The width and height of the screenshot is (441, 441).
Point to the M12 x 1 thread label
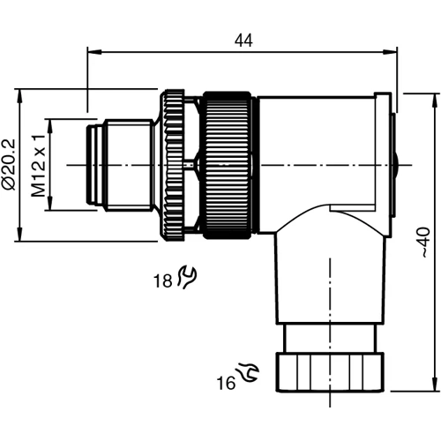38,165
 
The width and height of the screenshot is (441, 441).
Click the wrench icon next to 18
186,278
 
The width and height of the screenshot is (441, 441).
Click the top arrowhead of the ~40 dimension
433,93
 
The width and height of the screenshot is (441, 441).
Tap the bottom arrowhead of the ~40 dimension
433,388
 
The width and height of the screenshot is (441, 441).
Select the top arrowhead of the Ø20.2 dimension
21,92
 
